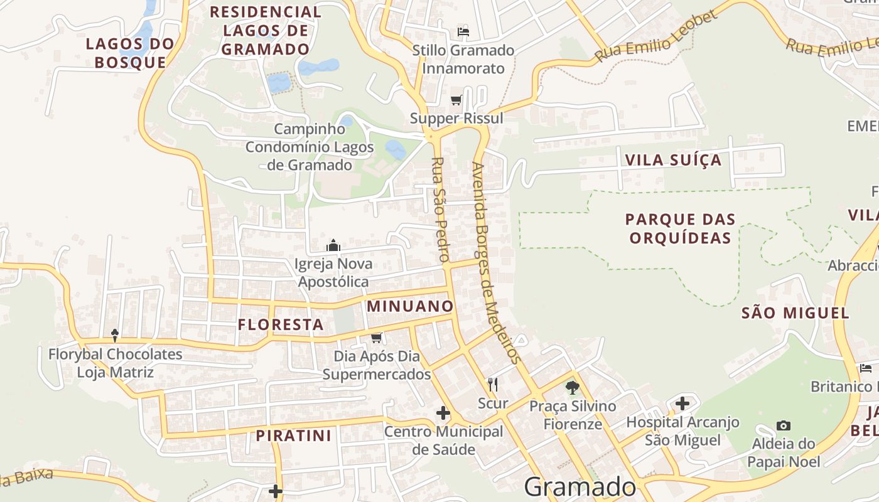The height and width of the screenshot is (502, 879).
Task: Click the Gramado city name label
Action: pos(580,487)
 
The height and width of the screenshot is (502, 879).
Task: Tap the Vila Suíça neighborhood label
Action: pos(674,160)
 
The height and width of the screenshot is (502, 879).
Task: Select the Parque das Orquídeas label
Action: pos(680,228)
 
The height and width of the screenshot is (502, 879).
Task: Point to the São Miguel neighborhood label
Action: pos(795,312)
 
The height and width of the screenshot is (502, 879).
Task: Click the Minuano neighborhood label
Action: pos(410,306)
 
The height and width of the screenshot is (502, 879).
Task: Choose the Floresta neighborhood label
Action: pos(281,324)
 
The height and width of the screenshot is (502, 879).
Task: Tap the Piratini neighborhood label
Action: pos(293,435)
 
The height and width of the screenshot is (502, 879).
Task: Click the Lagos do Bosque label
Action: pos(129,53)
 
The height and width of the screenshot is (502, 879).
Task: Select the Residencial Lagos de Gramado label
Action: pos(266,30)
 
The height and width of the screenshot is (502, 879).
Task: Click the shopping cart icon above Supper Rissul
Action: pos(456,100)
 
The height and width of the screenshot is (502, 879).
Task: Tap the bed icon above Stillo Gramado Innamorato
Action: pos(463,32)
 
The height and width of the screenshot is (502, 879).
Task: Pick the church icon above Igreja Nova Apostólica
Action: pos(333,245)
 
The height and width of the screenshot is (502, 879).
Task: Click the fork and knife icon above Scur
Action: pos(493,384)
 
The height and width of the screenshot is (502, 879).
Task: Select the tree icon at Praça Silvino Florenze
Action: pos(572,387)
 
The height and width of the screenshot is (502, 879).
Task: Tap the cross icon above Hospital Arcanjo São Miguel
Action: pos(682,403)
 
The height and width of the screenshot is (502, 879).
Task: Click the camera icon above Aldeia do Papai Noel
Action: pos(783,425)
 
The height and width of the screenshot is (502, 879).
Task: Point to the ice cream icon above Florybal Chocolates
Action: pos(115,335)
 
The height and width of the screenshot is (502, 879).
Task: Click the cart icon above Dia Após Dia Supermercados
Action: pos(377,338)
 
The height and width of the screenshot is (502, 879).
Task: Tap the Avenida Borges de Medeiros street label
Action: pos(496,264)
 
